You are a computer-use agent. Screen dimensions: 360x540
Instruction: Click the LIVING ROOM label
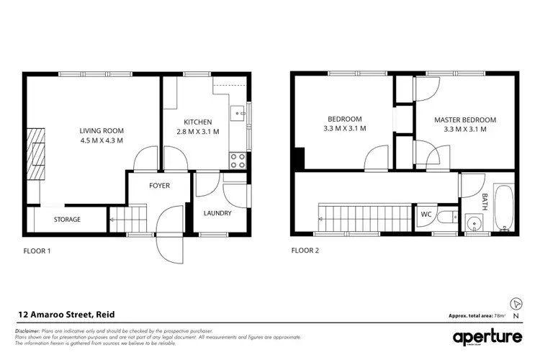pos(102,130)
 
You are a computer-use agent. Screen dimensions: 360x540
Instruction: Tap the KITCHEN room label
pos(197,122)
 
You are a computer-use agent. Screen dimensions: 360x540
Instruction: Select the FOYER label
pos(159,186)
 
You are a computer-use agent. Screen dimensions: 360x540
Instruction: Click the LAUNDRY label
pos(217,213)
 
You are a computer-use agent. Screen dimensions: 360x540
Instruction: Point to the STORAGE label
pos(67,220)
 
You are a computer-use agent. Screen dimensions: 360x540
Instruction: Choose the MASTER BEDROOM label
pos(464,119)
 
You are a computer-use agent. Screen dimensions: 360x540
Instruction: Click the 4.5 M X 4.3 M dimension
pos(102,140)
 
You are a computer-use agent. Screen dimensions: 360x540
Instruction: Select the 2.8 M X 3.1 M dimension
pos(197,132)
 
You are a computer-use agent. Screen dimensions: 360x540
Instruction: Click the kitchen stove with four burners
pos(238,160)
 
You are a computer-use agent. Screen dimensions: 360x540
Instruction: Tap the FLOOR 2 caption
pos(305,251)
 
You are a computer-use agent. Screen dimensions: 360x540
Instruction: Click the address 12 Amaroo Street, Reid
pos(66,315)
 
